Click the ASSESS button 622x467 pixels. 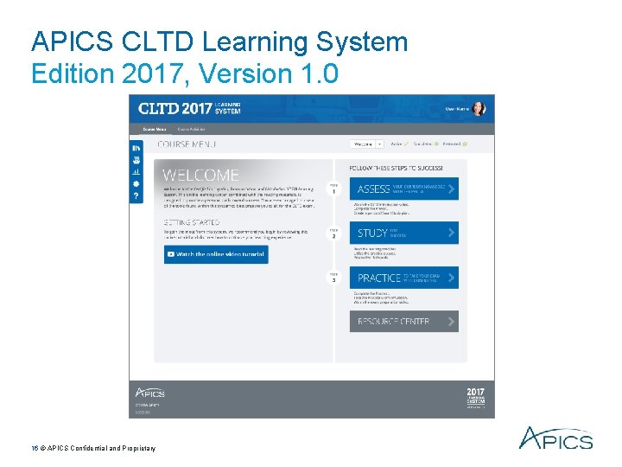pyautogui.click(x=403, y=189)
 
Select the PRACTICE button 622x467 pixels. pyautogui.click(x=403, y=278)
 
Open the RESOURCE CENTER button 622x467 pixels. pyautogui.click(x=403, y=322)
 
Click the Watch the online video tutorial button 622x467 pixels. pyautogui.click(x=216, y=254)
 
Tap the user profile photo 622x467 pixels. pyautogui.click(x=479, y=109)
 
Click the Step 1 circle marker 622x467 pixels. pyautogui.click(x=333, y=188)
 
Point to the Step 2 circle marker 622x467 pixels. pyautogui.click(x=333, y=233)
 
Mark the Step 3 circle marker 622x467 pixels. pyautogui.click(x=333, y=278)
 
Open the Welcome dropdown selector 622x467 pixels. pyautogui.click(x=366, y=144)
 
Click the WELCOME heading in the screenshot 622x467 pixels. pyautogui.click(x=201, y=175)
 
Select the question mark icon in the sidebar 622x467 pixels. pyautogui.click(x=136, y=196)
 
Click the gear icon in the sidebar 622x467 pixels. pyautogui.click(x=136, y=184)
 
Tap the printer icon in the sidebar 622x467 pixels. pyautogui.click(x=136, y=160)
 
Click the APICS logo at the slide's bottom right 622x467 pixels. pyautogui.click(x=555, y=438)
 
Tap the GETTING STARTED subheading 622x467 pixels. pyautogui.click(x=192, y=223)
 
